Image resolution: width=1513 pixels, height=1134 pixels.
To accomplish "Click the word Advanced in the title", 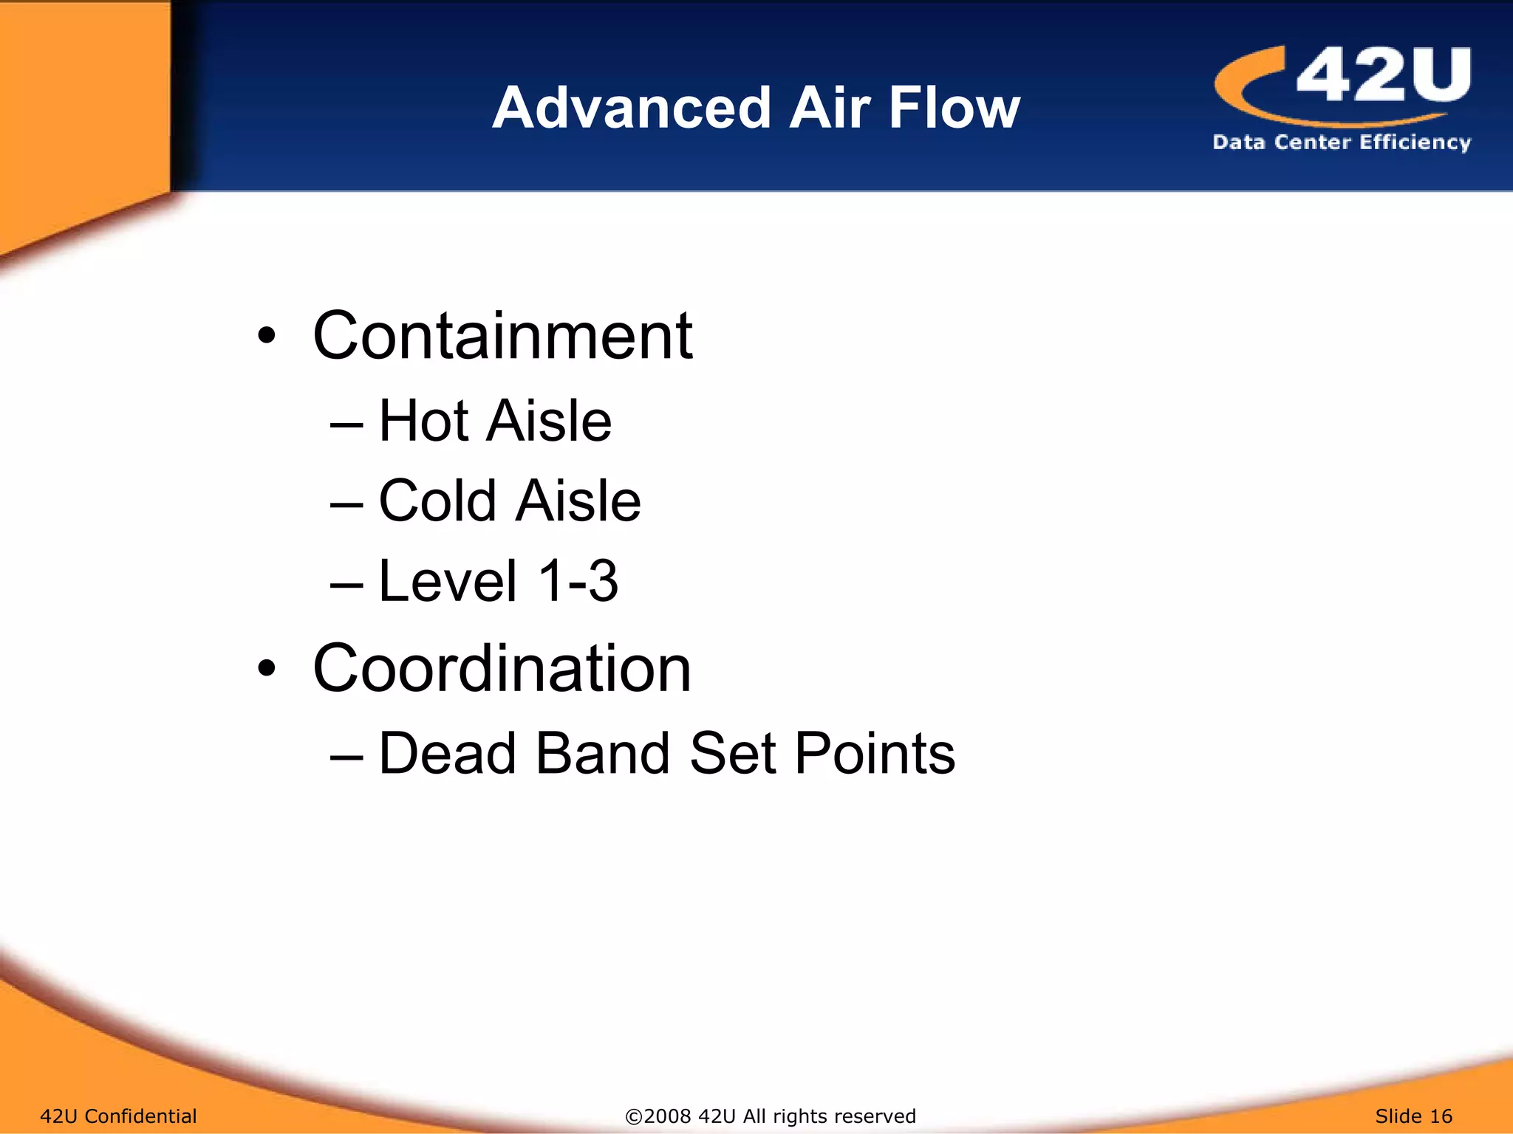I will (632, 108).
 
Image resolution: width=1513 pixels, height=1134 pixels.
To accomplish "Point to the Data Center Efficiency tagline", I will (1342, 142).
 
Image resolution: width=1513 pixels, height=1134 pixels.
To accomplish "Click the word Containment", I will (502, 336).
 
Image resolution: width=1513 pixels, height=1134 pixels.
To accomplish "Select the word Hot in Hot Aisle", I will (423, 421).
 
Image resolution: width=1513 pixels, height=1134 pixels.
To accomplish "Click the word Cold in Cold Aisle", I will (437, 501).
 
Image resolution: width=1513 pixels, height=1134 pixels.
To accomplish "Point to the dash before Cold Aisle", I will (346, 504).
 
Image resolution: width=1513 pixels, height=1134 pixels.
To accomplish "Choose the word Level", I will (448, 581).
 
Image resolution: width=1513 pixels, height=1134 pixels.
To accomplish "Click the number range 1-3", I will (578, 581).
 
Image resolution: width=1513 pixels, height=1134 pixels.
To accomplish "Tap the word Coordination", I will (502, 668).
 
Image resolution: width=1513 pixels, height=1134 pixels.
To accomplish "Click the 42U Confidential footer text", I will (118, 1116).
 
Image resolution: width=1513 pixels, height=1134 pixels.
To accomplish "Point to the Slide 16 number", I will (1413, 1116).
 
